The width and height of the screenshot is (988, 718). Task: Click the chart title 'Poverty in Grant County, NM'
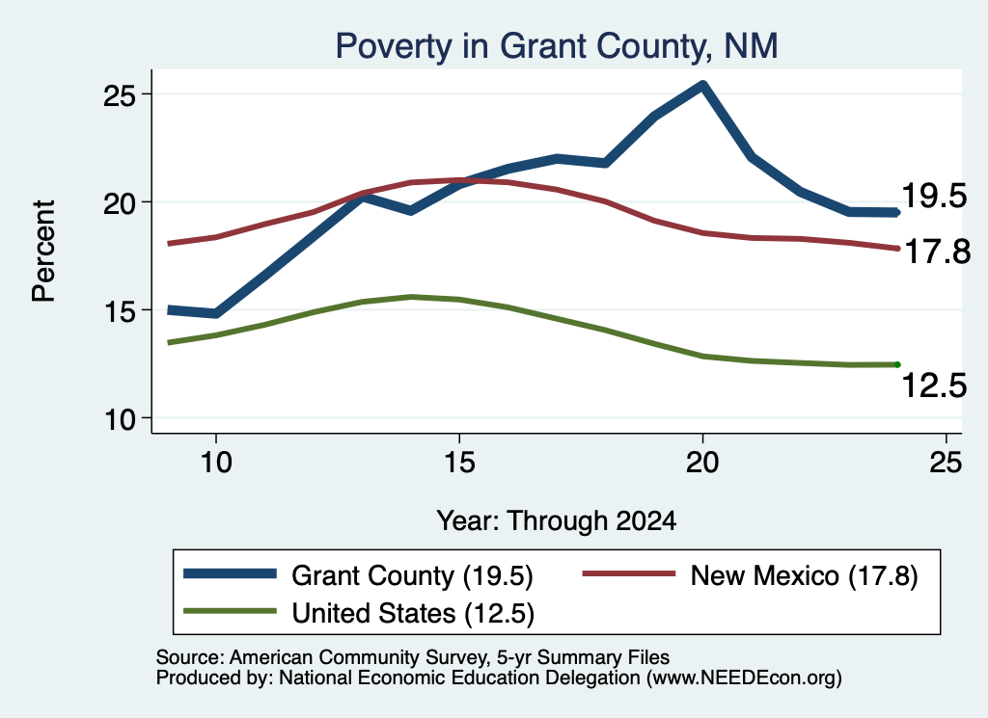click(x=557, y=46)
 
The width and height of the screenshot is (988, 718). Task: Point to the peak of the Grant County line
click(x=702, y=85)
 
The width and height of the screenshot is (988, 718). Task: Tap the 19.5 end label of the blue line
click(x=934, y=196)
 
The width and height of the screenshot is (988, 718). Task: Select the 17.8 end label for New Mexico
click(x=938, y=252)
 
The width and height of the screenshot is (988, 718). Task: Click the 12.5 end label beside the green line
click(x=934, y=386)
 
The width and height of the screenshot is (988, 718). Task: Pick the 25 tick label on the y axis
click(x=120, y=95)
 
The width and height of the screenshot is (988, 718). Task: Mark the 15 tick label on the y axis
click(x=120, y=311)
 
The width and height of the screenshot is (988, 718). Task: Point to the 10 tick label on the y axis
click(x=120, y=419)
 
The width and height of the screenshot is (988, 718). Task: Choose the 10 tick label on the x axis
click(x=216, y=463)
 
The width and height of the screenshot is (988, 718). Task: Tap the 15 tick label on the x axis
click(x=459, y=463)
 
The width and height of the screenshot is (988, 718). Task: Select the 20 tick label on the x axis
click(x=702, y=463)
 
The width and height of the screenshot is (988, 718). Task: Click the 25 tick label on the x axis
click(x=946, y=463)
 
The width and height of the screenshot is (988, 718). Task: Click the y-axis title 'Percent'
click(x=44, y=252)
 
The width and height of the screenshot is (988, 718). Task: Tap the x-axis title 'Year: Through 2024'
click(x=557, y=521)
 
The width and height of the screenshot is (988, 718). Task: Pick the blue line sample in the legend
click(x=230, y=573)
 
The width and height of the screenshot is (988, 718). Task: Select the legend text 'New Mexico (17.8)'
click(x=804, y=575)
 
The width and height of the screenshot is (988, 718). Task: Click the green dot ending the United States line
click(x=897, y=365)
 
